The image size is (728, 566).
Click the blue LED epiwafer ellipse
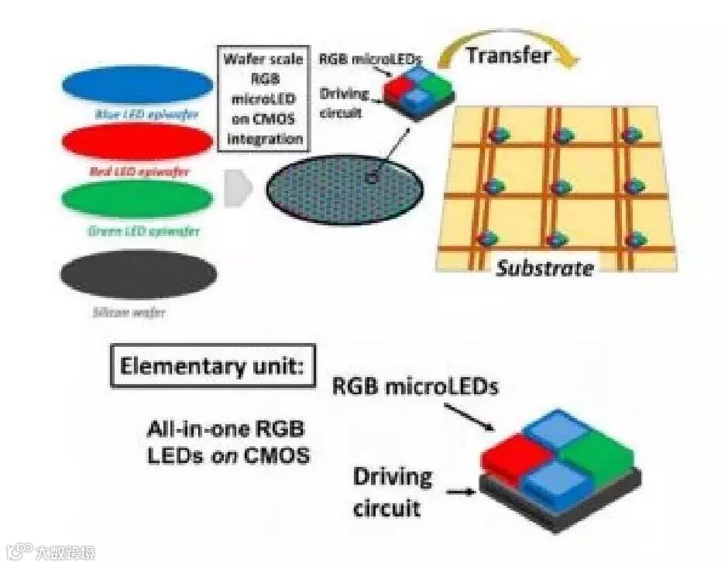tap(137, 85)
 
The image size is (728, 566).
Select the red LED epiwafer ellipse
tap(137, 142)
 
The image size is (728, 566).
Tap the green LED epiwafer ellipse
tap(137, 198)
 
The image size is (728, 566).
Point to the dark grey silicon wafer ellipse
tap(139, 273)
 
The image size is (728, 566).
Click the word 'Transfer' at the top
tap(509, 55)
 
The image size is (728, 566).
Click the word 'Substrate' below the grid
tap(545, 268)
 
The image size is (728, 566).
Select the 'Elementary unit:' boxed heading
tap(213, 365)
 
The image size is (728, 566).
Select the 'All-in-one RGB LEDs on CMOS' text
tap(228, 443)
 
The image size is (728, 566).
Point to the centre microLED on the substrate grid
tap(563, 187)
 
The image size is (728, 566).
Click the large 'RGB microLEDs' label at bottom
tap(415, 386)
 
